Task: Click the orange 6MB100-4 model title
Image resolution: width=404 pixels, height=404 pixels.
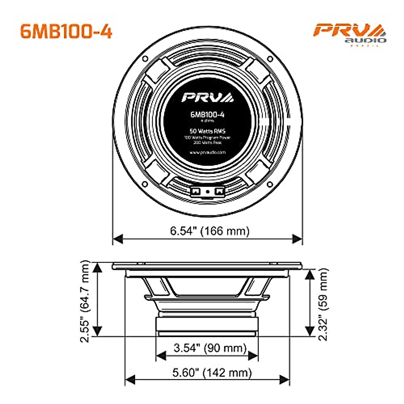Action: pyautogui.click(x=66, y=31)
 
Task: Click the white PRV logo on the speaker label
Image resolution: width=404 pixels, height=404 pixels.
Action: pyautogui.click(x=207, y=97)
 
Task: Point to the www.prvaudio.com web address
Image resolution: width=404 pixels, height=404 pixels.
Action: pyautogui.click(x=207, y=152)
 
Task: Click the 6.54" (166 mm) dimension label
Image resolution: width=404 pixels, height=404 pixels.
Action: pyautogui.click(x=209, y=231)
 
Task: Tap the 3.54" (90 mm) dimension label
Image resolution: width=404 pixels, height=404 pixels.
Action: pyautogui.click(x=210, y=347)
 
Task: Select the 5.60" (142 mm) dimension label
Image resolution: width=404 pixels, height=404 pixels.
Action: pyautogui.click(x=212, y=373)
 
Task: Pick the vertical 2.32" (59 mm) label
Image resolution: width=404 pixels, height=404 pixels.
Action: pyautogui.click(x=323, y=304)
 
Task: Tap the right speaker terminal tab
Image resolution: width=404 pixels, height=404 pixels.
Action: pyautogui.click(x=220, y=191)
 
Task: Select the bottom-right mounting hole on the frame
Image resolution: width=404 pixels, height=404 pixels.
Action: pyautogui.click(x=270, y=184)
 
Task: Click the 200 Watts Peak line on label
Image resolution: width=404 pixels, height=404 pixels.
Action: pyautogui.click(x=207, y=142)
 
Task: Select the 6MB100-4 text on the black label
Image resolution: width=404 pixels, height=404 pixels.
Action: pyautogui.click(x=207, y=114)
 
